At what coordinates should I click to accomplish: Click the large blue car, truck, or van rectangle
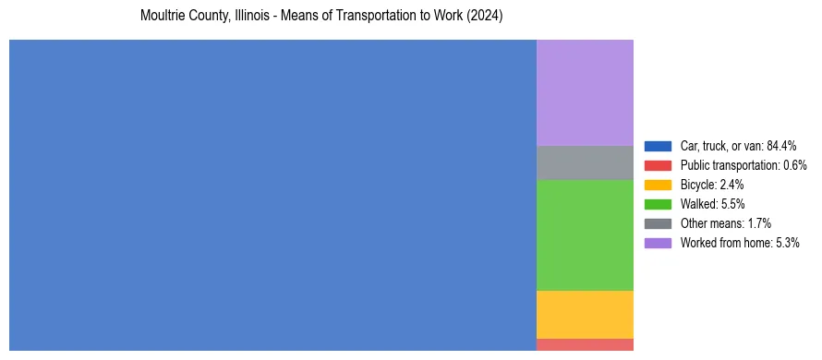point(272,195)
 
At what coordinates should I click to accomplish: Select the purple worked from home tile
point(585,92)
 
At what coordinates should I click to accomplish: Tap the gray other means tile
point(585,162)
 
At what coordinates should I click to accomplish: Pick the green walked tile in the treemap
point(585,234)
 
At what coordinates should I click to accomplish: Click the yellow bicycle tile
point(585,314)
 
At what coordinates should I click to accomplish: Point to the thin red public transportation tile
point(585,344)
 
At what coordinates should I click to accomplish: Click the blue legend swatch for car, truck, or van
point(658,146)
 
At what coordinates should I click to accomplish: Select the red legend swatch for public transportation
point(658,165)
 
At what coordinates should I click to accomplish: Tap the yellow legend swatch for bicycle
point(658,185)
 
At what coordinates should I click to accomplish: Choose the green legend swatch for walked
point(658,204)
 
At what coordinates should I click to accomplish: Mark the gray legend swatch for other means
point(658,223)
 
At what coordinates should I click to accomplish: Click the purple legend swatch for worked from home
point(658,243)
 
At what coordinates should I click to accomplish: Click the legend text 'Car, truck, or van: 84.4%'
point(738,146)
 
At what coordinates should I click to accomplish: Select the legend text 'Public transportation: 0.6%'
point(743,165)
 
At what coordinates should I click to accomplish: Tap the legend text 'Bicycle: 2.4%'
point(712,185)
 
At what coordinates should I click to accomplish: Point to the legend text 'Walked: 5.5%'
point(712,204)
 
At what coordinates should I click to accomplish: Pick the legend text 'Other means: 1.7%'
point(725,223)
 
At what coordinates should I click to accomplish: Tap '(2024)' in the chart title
point(485,17)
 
